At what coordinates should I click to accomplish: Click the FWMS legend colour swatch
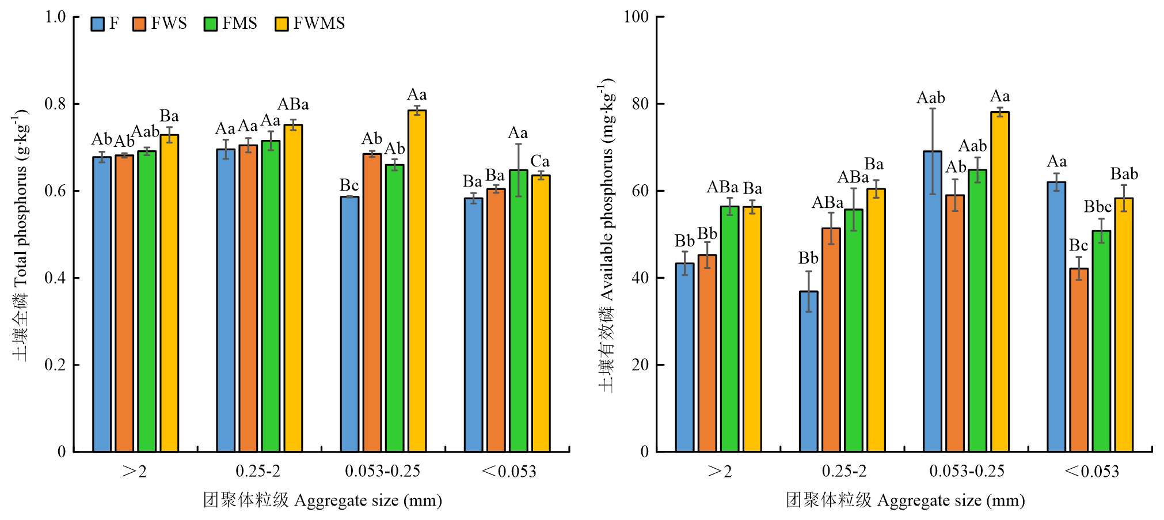[x=282, y=24]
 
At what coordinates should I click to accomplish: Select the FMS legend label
[x=239, y=24]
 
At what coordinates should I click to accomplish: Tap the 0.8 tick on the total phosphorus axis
[x=55, y=104]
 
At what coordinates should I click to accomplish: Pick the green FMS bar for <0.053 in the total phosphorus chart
[x=518, y=311]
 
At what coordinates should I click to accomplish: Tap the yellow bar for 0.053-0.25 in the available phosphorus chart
[x=1000, y=282]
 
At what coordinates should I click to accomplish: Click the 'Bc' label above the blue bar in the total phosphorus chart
[x=349, y=185]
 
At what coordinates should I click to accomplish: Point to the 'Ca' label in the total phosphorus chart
[x=540, y=161]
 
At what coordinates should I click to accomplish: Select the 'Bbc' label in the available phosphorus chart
[x=1097, y=207]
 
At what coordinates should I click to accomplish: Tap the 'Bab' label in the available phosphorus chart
[x=1124, y=174]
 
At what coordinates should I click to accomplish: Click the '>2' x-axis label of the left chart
[x=135, y=472]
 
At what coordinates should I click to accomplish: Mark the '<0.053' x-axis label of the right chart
[x=1091, y=472]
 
